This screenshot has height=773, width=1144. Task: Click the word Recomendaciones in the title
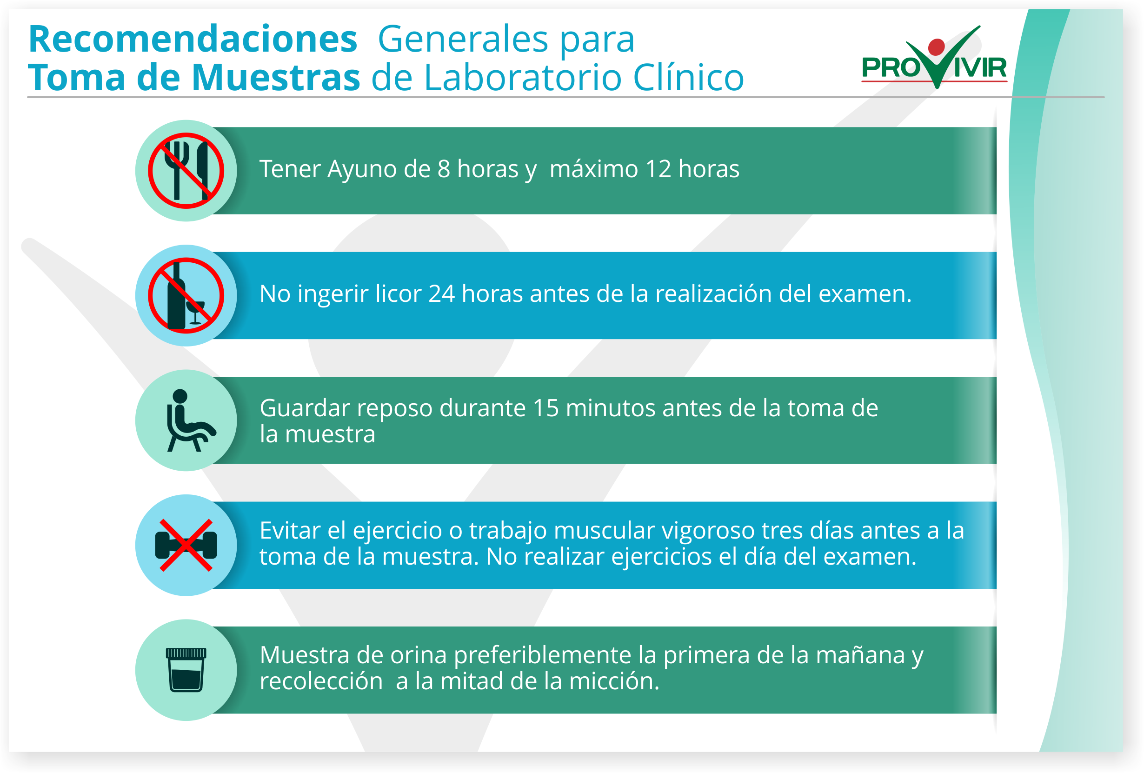[193, 39]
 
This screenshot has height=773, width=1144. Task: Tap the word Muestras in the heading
[276, 77]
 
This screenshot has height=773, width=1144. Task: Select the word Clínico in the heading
[688, 77]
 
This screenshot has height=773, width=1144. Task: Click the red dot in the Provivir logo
[936, 47]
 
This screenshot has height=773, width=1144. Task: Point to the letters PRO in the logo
[891, 67]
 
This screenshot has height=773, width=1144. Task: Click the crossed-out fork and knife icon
[186, 171]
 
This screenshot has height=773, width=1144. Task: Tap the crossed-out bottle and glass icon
[186, 295]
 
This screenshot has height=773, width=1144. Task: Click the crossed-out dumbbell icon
[186, 545]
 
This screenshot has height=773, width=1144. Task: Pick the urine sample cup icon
[186, 670]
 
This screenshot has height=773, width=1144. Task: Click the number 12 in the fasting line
[658, 169]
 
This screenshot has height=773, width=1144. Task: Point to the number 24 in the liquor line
[441, 294]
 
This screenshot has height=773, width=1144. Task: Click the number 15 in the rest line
[545, 408]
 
